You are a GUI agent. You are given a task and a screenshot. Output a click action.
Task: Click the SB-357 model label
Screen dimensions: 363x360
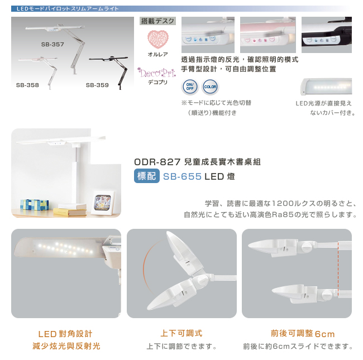point(52,45)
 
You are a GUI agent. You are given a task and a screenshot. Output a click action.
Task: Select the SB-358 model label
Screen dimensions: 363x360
point(27,85)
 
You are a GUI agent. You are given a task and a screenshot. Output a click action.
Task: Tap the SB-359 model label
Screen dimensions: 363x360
point(97,85)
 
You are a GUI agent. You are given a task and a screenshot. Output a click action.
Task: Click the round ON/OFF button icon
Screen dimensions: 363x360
point(190,87)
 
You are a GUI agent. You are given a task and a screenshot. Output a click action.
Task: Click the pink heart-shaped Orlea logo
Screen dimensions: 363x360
point(158,39)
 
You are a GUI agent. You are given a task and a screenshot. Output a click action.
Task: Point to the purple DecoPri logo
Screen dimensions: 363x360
point(157,73)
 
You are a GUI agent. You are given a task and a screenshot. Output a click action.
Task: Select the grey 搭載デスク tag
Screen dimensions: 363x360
point(157,21)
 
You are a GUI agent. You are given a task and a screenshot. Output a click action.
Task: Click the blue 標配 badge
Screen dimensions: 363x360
point(147,176)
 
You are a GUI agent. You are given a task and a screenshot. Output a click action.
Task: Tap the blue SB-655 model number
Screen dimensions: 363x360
point(182,176)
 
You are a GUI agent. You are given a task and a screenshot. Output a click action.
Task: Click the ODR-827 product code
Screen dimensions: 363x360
point(157,162)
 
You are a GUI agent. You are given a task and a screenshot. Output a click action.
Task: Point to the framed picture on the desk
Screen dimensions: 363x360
point(103,203)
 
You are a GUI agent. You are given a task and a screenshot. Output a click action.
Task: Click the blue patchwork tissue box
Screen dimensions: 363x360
point(35,205)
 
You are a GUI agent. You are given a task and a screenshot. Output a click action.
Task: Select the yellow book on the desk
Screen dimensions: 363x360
point(70,212)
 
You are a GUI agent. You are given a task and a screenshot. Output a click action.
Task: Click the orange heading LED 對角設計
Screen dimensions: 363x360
point(65,334)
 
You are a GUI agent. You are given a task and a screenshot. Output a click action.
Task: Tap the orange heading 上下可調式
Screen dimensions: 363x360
point(181,333)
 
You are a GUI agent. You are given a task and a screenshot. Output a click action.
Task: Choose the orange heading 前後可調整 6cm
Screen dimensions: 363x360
point(303,334)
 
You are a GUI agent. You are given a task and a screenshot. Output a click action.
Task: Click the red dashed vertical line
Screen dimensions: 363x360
point(338,268)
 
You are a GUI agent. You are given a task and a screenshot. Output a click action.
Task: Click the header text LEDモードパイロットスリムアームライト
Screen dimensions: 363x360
point(68,9)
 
